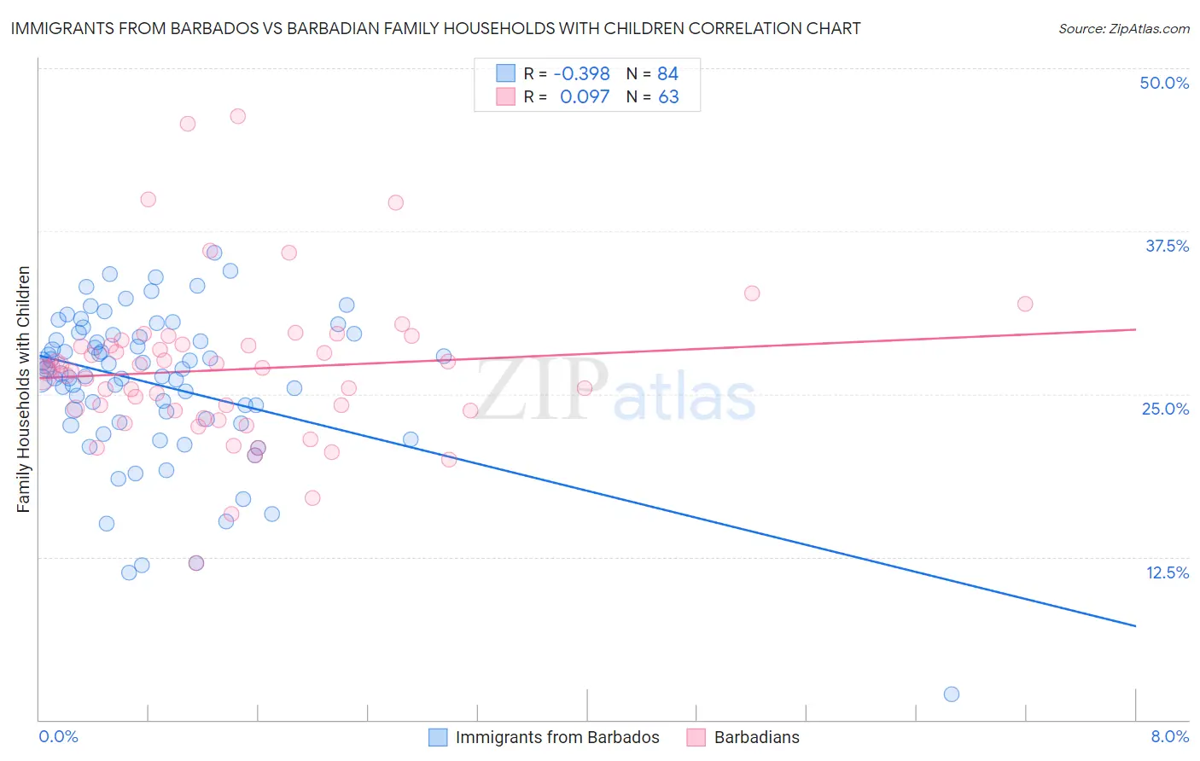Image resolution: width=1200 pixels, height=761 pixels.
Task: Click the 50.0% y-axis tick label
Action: pyautogui.click(x=1164, y=83)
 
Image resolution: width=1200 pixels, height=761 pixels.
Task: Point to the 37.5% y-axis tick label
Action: pyautogui.click(x=1167, y=246)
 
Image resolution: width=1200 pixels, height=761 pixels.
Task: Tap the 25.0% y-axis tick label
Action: pyautogui.click(x=1165, y=409)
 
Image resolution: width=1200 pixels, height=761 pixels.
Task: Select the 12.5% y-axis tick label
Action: pyautogui.click(x=1167, y=572)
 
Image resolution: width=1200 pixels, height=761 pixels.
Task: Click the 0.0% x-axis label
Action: pyautogui.click(x=58, y=736)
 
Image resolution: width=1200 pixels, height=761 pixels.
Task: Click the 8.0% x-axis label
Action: pyautogui.click(x=1169, y=736)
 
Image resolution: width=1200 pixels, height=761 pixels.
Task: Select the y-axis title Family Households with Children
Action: pyautogui.click(x=23, y=389)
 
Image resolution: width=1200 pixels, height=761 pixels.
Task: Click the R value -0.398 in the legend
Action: pyautogui.click(x=581, y=73)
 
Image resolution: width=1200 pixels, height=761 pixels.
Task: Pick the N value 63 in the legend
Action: pyautogui.click(x=668, y=96)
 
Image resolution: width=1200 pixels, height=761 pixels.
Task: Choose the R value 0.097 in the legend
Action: pyautogui.click(x=585, y=96)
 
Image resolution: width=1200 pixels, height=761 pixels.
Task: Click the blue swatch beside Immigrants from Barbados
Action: pyautogui.click(x=438, y=737)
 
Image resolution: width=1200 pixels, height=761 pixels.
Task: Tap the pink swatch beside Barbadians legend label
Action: pyautogui.click(x=696, y=737)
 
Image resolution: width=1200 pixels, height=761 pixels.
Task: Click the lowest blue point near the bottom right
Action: pyautogui.click(x=952, y=694)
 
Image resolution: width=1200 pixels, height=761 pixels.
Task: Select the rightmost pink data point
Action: pyautogui.click(x=1025, y=304)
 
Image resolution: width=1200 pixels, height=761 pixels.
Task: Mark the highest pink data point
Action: pyautogui.click(x=238, y=116)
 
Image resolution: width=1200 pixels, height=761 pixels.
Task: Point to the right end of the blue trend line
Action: pyautogui.click(x=1135, y=626)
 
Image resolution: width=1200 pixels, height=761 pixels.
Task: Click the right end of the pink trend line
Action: pyautogui.click(x=1135, y=328)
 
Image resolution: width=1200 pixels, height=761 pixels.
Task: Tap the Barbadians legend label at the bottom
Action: pyautogui.click(x=756, y=737)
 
